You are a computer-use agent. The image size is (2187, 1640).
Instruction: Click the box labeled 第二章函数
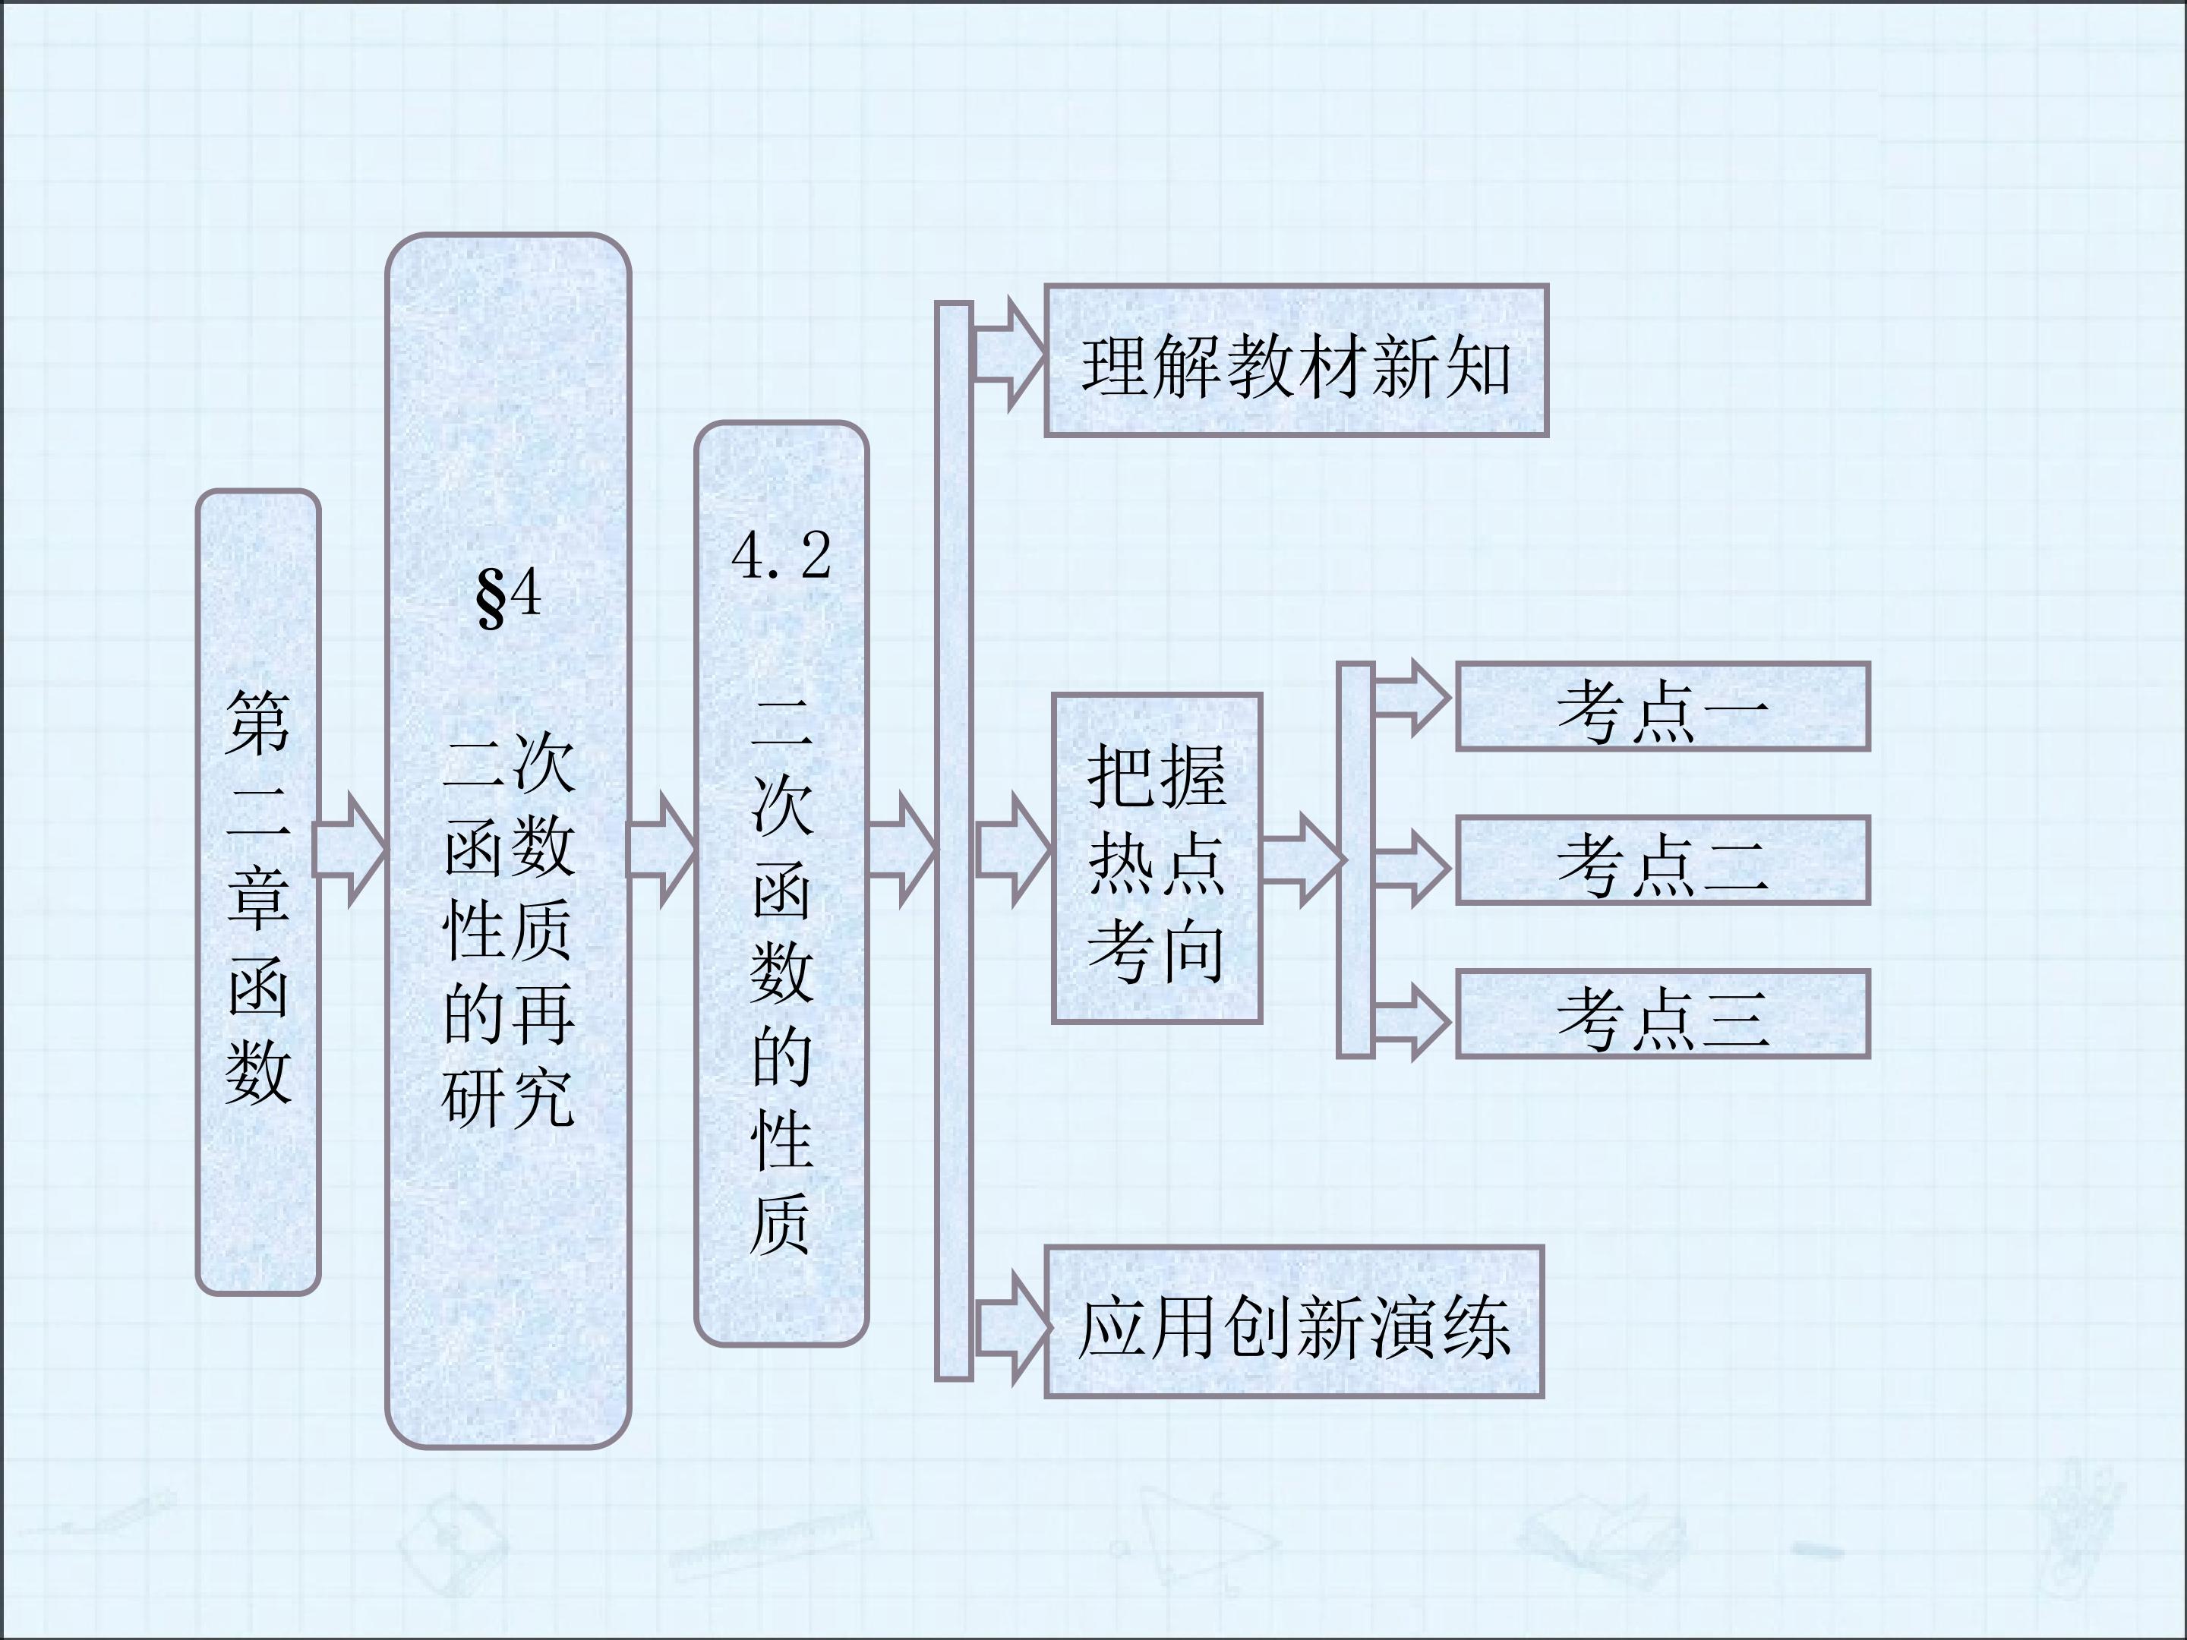258,891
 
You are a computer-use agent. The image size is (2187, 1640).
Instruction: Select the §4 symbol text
508,597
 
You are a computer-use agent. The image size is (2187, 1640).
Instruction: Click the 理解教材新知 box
1296,361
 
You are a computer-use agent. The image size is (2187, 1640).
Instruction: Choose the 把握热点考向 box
1157,858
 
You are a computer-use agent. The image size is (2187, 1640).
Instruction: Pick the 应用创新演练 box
1294,1322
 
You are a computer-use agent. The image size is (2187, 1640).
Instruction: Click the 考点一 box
1663,707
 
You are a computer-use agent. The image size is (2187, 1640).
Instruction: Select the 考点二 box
1663,860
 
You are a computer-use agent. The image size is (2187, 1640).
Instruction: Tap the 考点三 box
1663,1014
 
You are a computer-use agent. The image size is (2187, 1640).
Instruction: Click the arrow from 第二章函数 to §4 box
350,849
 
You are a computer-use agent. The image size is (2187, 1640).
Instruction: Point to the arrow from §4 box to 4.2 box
662,849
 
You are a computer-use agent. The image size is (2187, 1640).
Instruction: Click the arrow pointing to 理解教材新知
1008,354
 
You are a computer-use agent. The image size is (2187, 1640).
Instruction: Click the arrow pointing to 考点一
1412,698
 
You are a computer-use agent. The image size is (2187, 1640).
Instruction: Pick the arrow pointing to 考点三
1412,1021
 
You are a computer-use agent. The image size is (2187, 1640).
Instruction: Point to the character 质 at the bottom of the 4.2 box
781,1225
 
